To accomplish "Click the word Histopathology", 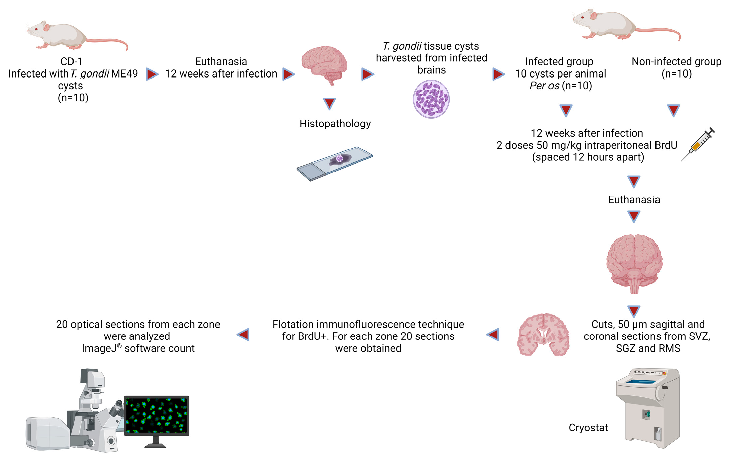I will click(x=335, y=124).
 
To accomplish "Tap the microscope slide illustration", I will click(x=335, y=164).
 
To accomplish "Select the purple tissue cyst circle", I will click(x=431, y=99).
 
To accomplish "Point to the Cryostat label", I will click(x=588, y=428).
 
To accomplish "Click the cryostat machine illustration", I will click(x=648, y=408).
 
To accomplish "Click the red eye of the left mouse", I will click(x=36, y=29).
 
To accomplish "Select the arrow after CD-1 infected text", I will click(x=152, y=74).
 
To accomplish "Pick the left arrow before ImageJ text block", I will click(x=243, y=334).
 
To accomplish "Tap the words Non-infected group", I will click(x=676, y=62).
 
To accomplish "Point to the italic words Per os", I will click(x=544, y=86).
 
